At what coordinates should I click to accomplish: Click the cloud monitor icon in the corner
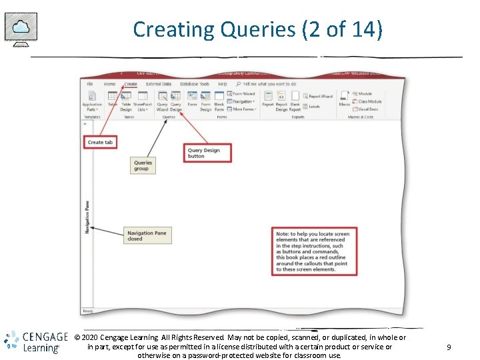click(21, 29)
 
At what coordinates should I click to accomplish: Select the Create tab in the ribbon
click(131, 84)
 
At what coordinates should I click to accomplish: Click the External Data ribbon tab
click(159, 84)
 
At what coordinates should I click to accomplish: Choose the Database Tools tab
click(195, 84)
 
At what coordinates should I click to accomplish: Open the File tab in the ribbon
click(89, 84)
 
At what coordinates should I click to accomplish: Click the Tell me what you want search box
click(269, 84)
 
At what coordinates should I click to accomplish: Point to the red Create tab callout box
click(101, 142)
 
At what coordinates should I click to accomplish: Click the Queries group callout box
click(143, 165)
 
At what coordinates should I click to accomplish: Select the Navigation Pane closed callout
click(147, 236)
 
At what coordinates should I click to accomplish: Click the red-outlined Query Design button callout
click(207, 153)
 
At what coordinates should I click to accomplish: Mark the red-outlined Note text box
click(313, 251)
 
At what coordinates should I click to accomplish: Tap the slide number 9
click(449, 347)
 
